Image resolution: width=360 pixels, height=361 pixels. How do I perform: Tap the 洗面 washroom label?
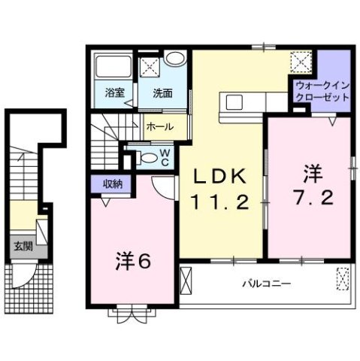point(162,94)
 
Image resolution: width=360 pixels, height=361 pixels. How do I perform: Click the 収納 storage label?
point(104,183)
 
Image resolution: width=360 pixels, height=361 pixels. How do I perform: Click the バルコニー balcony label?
point(266,284)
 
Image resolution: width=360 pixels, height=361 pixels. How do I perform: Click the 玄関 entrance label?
point(20,246)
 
